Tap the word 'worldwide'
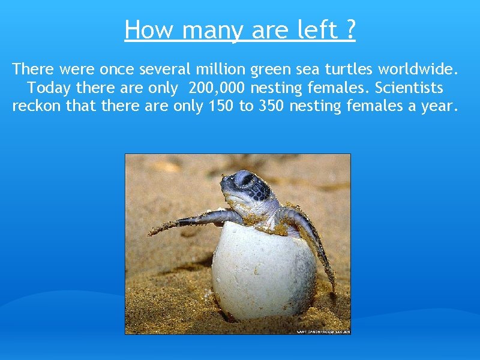coord(419,70)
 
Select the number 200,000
coord(217,88)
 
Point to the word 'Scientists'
coord(409,88)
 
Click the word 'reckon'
coord(35,107)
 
